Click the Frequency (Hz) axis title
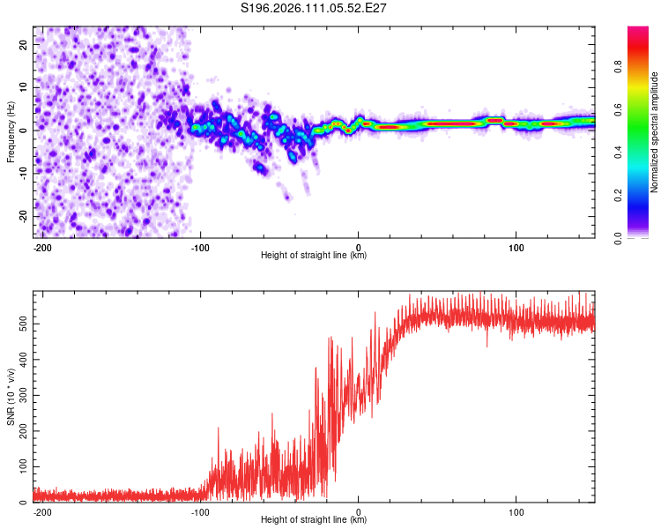pos(11,130)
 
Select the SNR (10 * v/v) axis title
pos(11,397)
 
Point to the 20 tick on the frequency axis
pos(25,43)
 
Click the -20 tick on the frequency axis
pos(23,216)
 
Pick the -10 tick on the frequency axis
pos(23,173)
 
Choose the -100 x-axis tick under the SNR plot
pos(200,512)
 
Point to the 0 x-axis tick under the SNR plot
pos(358,512)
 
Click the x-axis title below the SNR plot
pos(314,520)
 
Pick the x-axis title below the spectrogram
pos(314,256)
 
